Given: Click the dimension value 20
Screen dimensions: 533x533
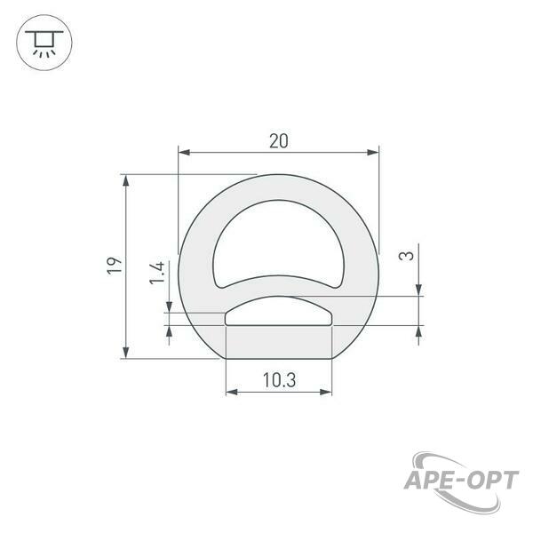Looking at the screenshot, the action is pyautogui.click(x=279, y=141).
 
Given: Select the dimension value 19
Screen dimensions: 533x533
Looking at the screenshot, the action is pyautogui.click(x=115, y=266).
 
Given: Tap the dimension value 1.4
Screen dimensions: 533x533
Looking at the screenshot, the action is pyautogui.click(x=157, y=273).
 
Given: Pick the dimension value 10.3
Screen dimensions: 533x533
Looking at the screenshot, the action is pyautogui.click(x=280, y=380).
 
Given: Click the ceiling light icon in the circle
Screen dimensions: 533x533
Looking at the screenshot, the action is pyautogui.click(x=44, y=43).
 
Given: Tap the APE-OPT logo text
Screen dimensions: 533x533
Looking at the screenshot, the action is pyautogui.click(x=462, y=481).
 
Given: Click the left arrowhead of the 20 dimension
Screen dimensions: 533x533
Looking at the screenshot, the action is pyautogui.click(x=184, y=152).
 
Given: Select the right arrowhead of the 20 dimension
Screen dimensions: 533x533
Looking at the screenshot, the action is pyautogui.click(x=373, y=152).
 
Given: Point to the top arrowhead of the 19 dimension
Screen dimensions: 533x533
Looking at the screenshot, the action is pyautogui.click(x=126, y=180).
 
